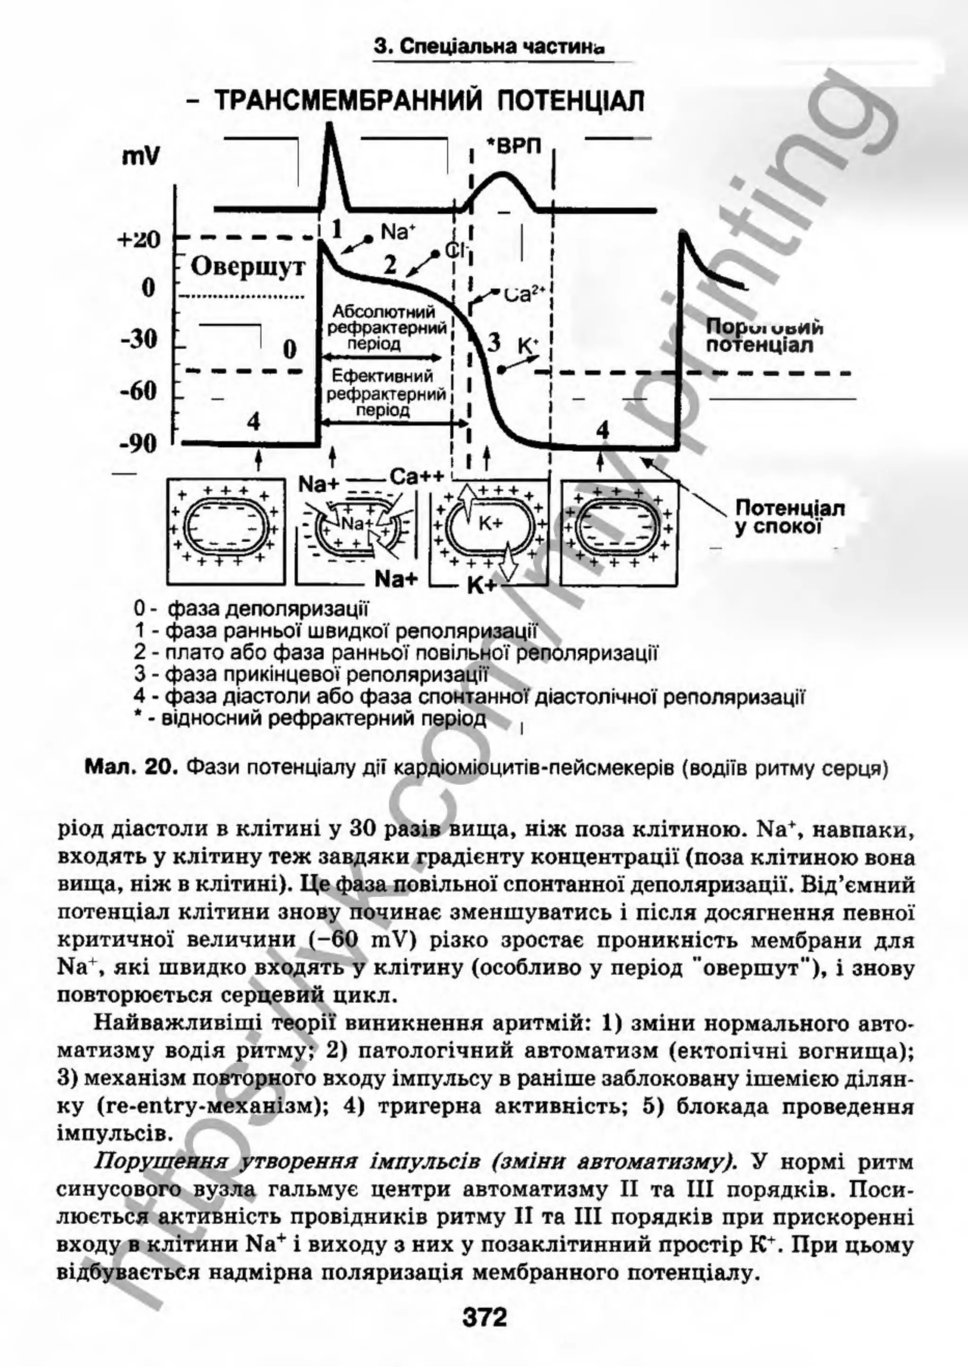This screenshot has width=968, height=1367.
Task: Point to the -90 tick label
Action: tap(139, 444)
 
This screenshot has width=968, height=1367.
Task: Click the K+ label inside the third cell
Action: tap(491, 523)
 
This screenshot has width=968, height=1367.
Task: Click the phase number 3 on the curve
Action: tap(494, 343)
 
